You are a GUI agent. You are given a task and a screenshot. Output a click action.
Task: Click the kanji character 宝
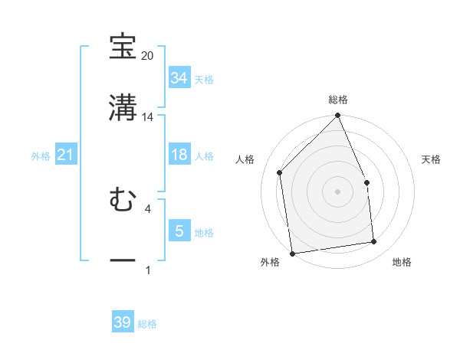[x=123, y=47]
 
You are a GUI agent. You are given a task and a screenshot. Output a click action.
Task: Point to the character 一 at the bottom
[x=123, y=261]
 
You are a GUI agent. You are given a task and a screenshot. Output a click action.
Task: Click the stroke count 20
[x=148, y=56]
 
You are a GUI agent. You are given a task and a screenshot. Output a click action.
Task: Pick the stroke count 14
[x=148, y=117]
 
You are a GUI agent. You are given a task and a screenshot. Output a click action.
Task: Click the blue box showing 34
[x=179, y=78]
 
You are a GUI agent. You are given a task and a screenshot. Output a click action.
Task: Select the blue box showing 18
[x=179, y=155]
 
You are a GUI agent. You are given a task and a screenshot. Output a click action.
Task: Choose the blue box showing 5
[x=179, y=231]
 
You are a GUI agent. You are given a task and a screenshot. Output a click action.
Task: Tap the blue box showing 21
[x=66, y=155]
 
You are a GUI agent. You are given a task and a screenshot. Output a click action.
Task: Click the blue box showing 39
[x=123, y=322]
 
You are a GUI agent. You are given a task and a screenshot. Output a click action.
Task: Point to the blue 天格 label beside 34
[x=204, y=79]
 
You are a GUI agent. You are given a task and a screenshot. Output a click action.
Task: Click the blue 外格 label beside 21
[x=41, y=155]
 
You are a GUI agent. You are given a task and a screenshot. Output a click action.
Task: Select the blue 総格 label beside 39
[x=147, y=324]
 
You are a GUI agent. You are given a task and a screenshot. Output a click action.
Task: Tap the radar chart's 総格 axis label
[x=337, y=100]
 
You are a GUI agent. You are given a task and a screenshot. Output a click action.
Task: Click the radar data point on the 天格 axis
[x=366, y=182]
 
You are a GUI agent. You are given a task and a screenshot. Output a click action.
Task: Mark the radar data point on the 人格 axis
[x=280, y=172]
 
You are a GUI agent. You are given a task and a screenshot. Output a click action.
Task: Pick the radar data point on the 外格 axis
[x=291, y=253]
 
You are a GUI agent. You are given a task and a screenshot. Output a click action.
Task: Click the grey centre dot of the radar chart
[x=337, y=191]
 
